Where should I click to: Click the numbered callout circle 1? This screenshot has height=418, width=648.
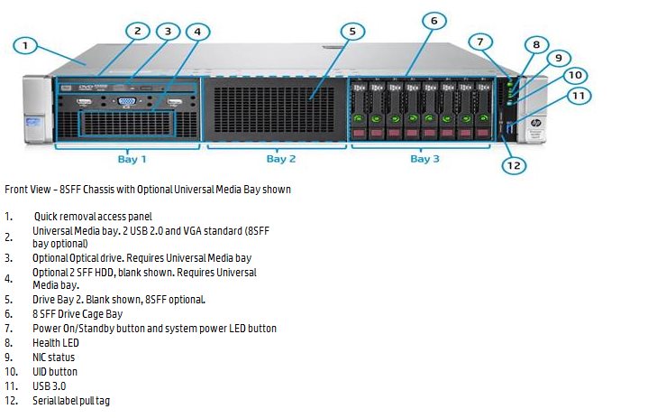coord(25,45)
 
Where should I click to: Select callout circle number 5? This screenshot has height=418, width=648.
coord(352,32)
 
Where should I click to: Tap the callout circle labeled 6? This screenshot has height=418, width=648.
coord(434,21)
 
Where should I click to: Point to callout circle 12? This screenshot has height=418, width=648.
coord(514,165)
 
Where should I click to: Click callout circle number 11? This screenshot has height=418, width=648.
coord(579,96)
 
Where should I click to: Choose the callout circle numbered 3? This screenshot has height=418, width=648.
coord(168,32)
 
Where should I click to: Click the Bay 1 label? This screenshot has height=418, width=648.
coord(132,159)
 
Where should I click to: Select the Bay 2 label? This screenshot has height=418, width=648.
coord(281,159)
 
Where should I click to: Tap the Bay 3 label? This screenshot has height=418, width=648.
coord(424,159)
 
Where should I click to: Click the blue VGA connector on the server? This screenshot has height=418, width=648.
coord(126,101)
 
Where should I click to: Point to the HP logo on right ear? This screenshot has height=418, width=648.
coord(535,123)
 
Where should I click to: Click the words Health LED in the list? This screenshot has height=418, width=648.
coord(56,343)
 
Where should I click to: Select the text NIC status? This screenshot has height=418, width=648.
coord(54,358)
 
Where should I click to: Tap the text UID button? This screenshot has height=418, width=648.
coord(55,372)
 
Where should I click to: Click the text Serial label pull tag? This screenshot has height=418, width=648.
coord(71,401)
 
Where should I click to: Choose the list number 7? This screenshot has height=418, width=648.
coord(9,329)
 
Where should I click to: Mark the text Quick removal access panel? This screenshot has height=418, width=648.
coord(93,217)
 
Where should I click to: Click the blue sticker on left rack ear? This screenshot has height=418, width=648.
coord(33,124)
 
